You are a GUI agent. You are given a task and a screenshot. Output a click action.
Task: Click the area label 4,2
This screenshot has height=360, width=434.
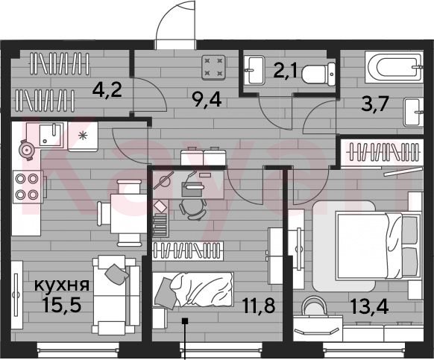(x=107, y=90)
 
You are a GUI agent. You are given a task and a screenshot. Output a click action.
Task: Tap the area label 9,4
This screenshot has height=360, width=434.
(x=207, y=100)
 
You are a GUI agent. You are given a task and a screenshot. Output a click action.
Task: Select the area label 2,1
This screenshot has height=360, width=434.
(x=286, y=71)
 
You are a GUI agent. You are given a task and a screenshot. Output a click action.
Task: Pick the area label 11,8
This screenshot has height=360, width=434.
(x=258, y=306)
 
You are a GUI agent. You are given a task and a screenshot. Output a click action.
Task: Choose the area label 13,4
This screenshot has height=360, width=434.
(x=369, y=306)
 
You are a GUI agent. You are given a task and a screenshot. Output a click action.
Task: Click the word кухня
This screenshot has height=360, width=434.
(x=62, y=285)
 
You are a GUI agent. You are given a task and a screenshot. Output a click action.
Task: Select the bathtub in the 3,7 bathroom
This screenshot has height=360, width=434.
(x=394, y=66)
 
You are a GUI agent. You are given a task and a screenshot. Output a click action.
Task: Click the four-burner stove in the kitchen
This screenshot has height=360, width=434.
(x=28, y=187)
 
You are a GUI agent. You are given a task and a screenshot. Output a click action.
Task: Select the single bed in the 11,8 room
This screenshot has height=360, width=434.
(x=193, y=290)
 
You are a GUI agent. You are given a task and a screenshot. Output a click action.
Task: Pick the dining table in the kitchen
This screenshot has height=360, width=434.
(x=129, y=213)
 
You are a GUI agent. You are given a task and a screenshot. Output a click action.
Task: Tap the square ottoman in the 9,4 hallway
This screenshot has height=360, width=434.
(x=213, y=68)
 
